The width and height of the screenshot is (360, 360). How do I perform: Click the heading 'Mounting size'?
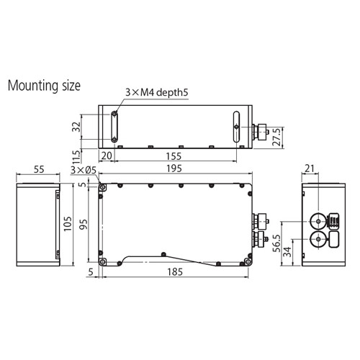coord(44,85)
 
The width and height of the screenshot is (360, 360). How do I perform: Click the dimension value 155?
coord(173,156)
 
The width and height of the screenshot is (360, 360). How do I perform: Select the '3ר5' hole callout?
coord(84,170)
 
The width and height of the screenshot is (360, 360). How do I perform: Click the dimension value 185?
coord(173,273)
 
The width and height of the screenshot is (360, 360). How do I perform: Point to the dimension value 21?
coord(310,169)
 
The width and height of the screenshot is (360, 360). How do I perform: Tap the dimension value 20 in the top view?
coord(107,156)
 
